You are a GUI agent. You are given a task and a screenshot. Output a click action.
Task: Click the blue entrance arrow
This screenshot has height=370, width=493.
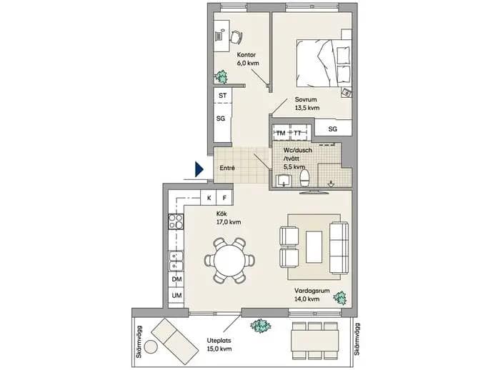(199, 169)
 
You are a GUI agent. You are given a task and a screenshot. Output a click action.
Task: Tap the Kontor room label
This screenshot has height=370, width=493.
(246, 55)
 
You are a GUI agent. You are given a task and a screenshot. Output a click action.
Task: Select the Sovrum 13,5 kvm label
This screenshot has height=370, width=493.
(307, 104)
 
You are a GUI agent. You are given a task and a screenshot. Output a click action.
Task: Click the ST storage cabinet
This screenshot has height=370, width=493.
(223, 95)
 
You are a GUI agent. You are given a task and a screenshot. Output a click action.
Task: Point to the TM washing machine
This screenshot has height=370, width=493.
(281, 133)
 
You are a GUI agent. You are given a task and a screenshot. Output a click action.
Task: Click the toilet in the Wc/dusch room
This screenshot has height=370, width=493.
(305, 179)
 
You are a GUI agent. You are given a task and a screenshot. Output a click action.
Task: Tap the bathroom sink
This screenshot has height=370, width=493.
(284, 181)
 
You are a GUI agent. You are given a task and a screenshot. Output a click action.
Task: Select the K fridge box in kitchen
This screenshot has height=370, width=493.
(209, 198)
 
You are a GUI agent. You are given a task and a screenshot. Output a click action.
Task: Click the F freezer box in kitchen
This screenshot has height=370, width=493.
(224, 198)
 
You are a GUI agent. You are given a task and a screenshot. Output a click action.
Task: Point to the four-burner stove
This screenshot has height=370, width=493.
(176, 221)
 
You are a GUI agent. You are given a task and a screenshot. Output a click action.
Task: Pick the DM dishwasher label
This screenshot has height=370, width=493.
(176, 279)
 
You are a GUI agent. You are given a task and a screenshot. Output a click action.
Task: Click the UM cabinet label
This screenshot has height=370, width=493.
(176, 296)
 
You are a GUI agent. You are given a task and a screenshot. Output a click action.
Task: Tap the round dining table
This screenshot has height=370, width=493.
(229, 260)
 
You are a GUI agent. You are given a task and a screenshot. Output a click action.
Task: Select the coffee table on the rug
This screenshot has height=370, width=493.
(314, 247)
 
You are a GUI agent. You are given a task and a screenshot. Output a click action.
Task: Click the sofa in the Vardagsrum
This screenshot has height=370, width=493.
(339, 248)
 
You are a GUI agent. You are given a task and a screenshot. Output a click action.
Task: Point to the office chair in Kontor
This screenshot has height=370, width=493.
(236, 37)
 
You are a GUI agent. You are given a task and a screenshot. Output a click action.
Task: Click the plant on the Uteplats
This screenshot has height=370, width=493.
(260, 326)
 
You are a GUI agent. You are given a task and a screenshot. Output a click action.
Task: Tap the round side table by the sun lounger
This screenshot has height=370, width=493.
(151, 347)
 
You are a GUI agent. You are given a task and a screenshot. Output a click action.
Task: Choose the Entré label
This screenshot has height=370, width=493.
(227, 168)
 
